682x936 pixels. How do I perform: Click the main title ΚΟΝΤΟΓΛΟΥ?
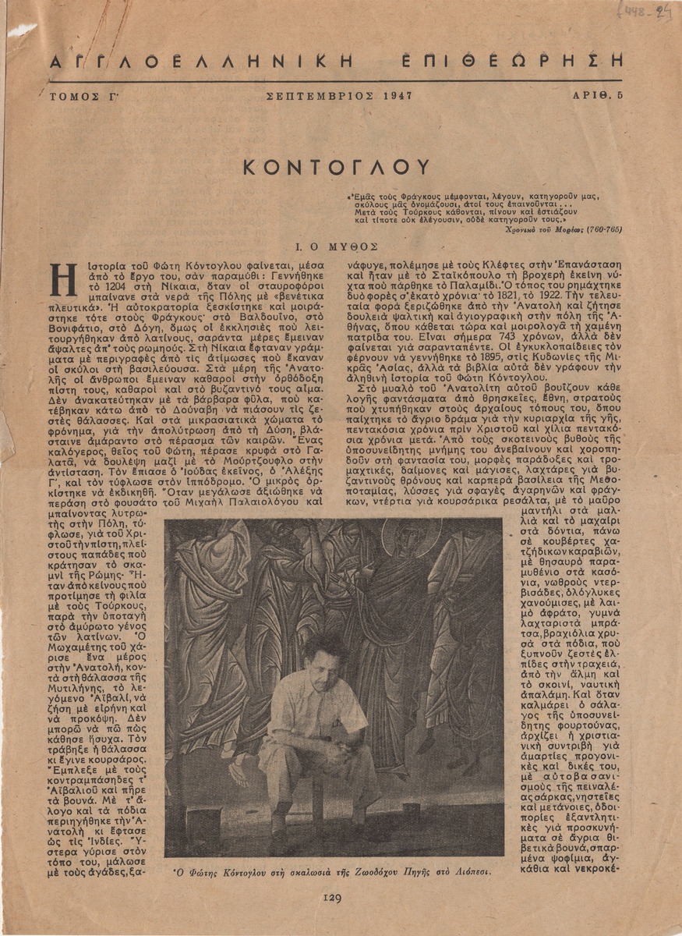pyautogui.click(x=335, y=167)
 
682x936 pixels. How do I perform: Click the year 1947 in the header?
pyautogui.click(x=398, y=96)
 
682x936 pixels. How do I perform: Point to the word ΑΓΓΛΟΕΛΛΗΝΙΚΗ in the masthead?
pyautogui.click(x=200, y=62)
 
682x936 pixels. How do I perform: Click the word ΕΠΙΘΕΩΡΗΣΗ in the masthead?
pyautogui.click(x=512, y=62)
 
